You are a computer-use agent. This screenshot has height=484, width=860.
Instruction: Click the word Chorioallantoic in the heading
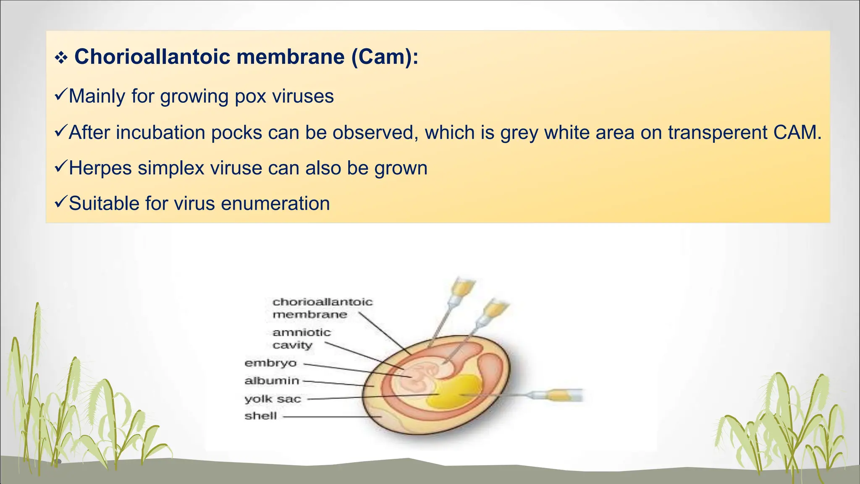click(152, 57)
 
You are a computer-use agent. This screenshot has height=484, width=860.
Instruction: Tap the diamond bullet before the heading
click(61, 58)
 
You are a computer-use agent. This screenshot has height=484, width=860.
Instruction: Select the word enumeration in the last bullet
click(275, 204)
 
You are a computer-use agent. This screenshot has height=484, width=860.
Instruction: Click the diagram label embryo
click(270, 363)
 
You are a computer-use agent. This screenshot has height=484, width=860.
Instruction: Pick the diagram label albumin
click(272, 381)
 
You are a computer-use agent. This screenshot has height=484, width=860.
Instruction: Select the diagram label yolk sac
click(273, 399)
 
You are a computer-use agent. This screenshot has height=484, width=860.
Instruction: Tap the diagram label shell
click(260, 416)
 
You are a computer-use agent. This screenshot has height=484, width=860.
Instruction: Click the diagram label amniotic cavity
click(301, 339)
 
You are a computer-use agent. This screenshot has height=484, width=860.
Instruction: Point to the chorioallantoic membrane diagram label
click(322, 308)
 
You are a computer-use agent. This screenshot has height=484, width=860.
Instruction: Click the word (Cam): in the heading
click(385, 57)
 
